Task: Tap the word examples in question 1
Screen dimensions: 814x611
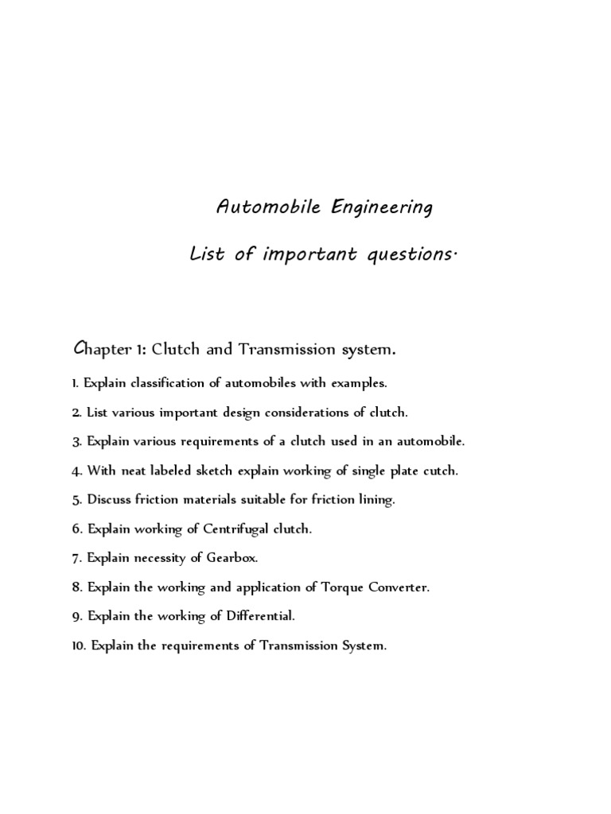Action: pyautogui.click(x=358, y=383)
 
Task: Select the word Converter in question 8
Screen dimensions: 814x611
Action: pyautogui.click(x=383, y=587)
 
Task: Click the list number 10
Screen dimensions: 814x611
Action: pyautogui.click(x=77, y=645)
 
